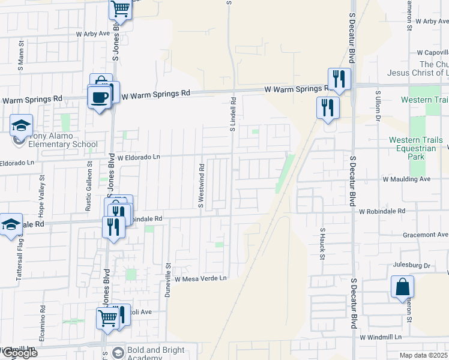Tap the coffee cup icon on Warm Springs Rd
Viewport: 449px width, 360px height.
[x=99, y=96]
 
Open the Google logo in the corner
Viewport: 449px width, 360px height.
[x=19, y=352]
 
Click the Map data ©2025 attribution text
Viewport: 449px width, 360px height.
[x=423, y=355]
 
